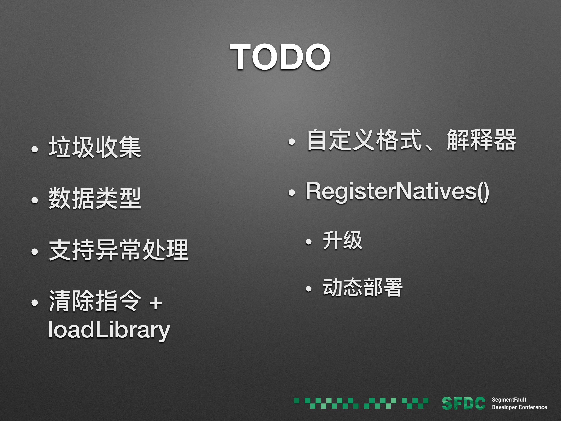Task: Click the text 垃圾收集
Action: click(x=95, y=147)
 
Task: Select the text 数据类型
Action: click(x=95, y=199)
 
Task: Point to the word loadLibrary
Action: click(x=109, y=330)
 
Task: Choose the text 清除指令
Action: click(x=95, y=302)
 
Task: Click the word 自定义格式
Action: click(x=364, y=140)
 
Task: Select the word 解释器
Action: click(x=481, y=140)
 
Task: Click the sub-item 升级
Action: click(x=342, y=241)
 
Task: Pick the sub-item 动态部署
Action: click(x=362, y=288)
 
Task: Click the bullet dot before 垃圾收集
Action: click(x=35, y=149)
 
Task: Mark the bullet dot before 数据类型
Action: click(x=35, y=200)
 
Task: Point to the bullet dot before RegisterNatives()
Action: click(x=292, y=193)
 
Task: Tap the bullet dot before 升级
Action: click(x=309, y=242)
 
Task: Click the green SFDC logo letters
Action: click(x=463, y=403)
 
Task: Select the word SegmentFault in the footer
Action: click(x=509, y=400)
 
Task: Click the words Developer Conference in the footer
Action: click(x=519, y=407)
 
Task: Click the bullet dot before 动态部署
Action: click(x=309, y=289)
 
